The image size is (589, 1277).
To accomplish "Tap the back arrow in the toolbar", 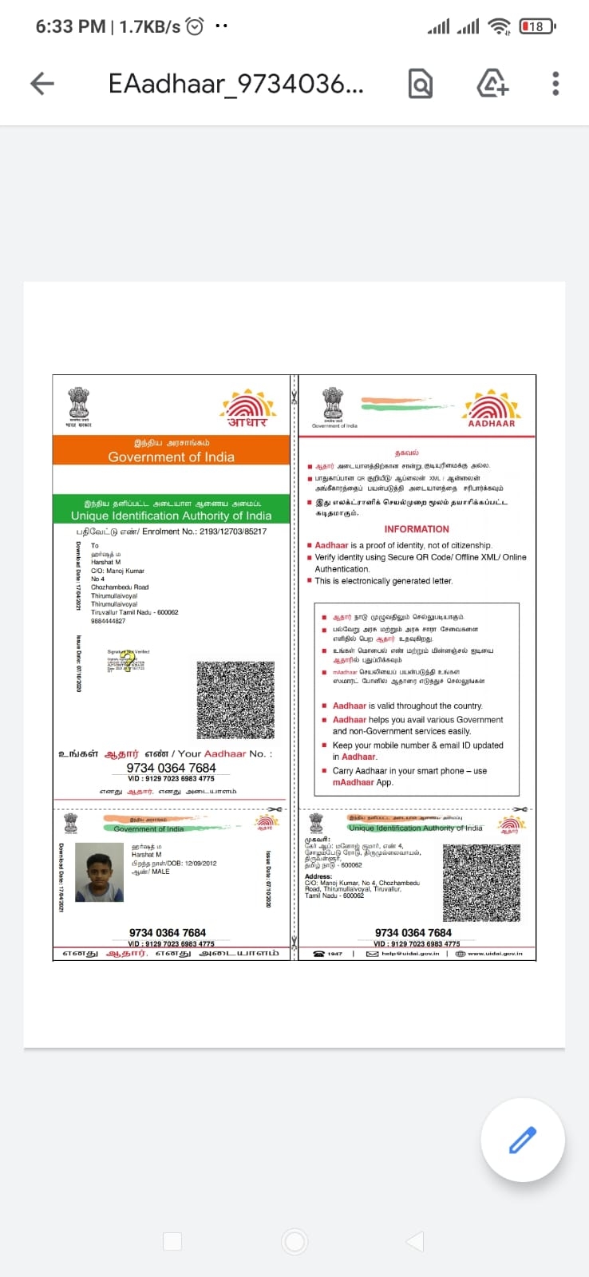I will [42, 83].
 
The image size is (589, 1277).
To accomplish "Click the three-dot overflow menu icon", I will [555, 83].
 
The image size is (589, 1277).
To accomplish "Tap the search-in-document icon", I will [421, 83].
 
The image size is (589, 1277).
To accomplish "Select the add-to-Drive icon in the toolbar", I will [492, 83].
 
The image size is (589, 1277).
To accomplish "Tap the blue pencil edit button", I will [523, 1140].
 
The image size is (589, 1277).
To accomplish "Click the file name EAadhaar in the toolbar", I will [235, 83].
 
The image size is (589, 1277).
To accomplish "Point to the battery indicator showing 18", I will [537, 26].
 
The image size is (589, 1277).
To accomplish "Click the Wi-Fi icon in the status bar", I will [500, 26].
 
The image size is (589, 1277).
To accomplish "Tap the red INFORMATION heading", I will [417, 529].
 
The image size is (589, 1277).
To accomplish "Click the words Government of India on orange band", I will [171, 457].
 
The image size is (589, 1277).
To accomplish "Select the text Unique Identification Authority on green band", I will [171, 516].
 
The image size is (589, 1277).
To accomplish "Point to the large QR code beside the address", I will [235, 699].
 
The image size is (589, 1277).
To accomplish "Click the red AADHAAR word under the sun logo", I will [492, 424].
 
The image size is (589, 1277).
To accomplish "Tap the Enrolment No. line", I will [171, 531].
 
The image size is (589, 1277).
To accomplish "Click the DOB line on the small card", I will [174, 863].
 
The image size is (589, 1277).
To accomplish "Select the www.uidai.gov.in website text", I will [495, 953].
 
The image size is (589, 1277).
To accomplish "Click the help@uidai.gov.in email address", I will [409, 953].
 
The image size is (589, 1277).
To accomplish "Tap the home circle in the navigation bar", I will [294, 1241].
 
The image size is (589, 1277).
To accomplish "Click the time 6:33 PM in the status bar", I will [70, 26].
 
